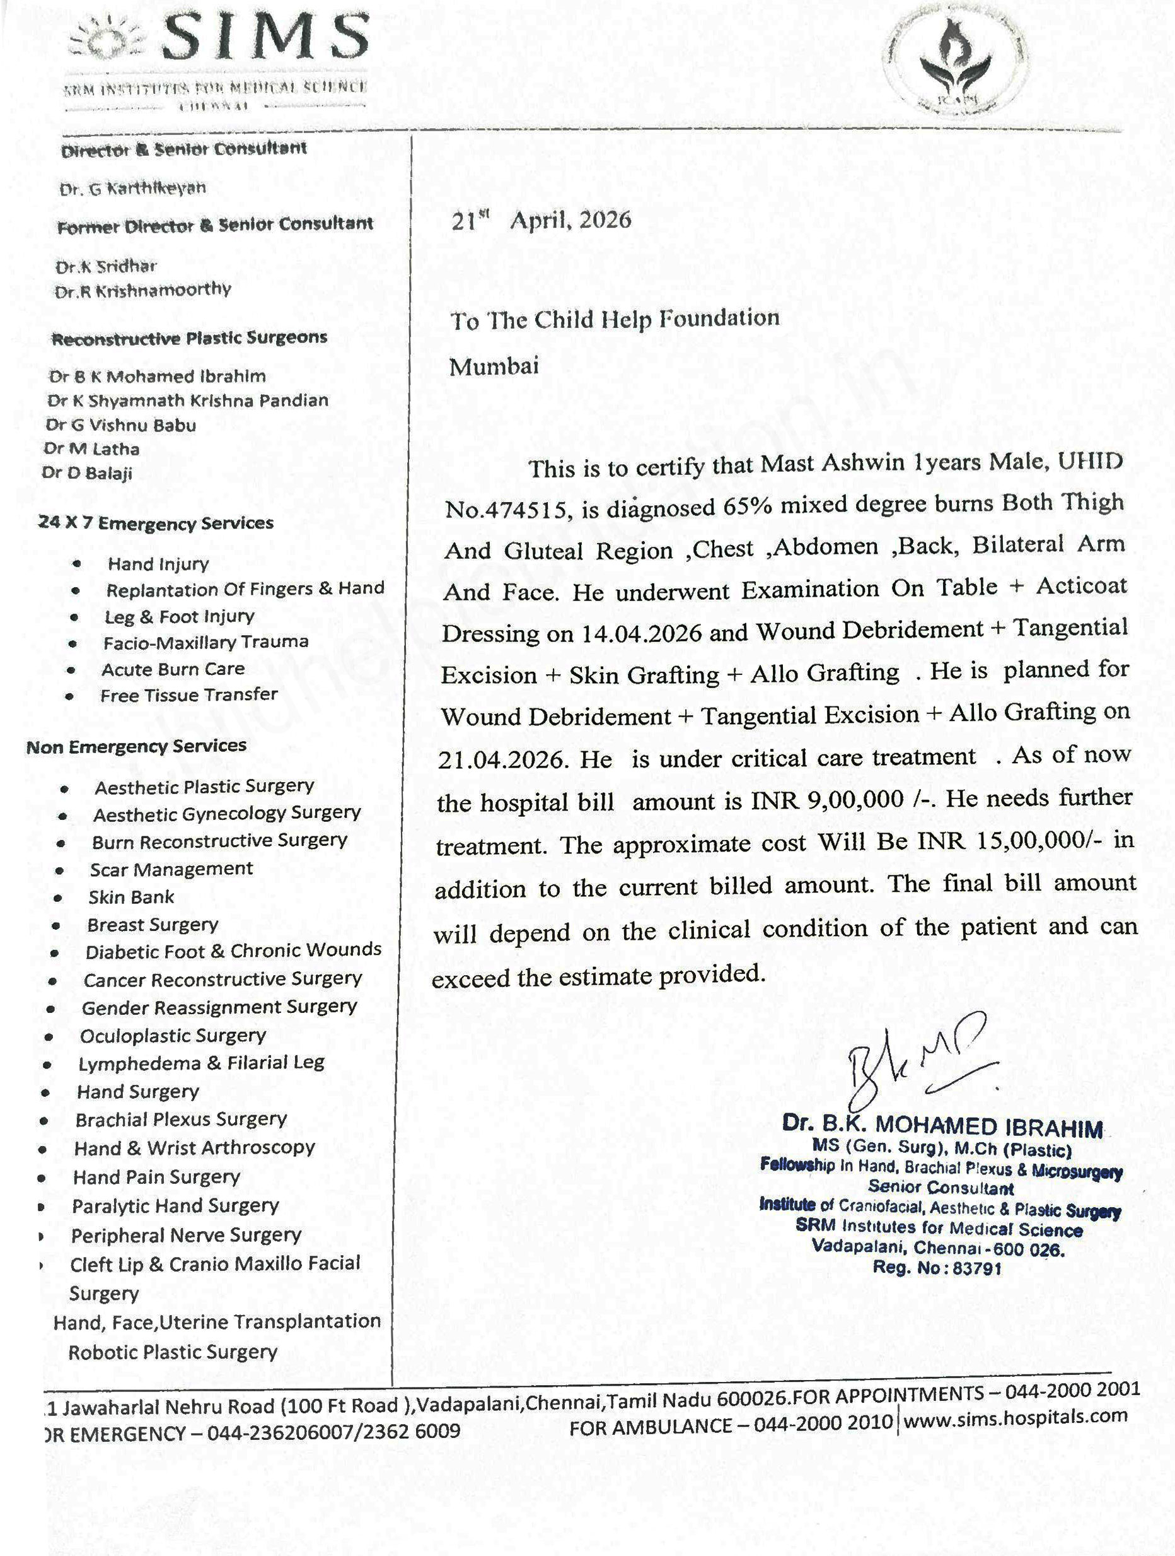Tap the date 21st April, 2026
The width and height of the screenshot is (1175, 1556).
(541, 221)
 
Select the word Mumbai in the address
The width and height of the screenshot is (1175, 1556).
(494, 366)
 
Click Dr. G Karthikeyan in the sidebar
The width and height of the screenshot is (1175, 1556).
(133, 189)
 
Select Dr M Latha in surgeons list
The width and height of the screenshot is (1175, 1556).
(91, 449)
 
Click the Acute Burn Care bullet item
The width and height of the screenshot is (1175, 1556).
(173, 669)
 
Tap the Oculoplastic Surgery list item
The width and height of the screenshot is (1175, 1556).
(173, 1036)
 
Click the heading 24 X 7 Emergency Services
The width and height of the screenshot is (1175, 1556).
(156, 524)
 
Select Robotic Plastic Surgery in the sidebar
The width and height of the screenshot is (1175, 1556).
(173, 1352)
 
